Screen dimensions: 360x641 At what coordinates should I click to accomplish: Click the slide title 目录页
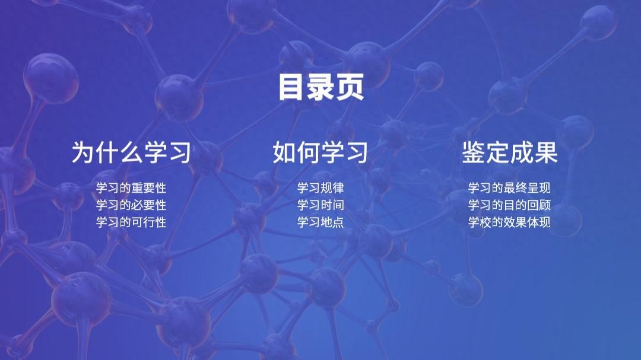click(x=320, y=87)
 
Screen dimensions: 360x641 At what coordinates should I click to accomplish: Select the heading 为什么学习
click(x=131, y=152)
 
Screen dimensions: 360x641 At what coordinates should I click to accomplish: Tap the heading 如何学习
click(x=320, y=152)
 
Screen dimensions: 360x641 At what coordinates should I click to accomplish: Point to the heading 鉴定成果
click(x=510, y=152)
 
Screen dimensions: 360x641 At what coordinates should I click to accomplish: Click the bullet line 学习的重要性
click(x=131, y=188)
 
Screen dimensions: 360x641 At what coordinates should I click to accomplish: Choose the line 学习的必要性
click(x=131, y=205)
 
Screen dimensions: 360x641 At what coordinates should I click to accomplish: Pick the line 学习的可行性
click(x=131, y=222)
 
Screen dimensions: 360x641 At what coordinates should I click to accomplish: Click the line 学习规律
click(x=320, y=188)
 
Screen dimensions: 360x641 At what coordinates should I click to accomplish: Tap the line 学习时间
click(x=320, y=205)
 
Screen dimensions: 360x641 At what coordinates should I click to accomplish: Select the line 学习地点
click(x=320, y=222)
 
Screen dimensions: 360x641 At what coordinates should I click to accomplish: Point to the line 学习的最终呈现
click(x=509, y=188)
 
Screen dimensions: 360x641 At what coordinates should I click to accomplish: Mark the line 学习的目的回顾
click(x=509, y=205)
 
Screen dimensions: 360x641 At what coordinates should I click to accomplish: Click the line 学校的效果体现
click(x=509, y=222)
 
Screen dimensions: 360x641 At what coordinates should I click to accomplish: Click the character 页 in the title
click(x=350, y=87)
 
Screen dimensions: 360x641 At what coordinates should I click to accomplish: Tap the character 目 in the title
click(x=292, y=87)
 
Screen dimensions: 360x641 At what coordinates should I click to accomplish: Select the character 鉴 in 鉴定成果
click(x=474, y=152)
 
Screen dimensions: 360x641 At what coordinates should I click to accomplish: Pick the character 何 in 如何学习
click(x=309, y=152)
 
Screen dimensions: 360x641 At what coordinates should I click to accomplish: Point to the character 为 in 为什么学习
click(x=84, y=152)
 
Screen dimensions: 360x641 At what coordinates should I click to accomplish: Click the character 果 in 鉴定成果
click(x=545, y=152)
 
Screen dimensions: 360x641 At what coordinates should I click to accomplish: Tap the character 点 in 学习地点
click(x=338, y=222)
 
